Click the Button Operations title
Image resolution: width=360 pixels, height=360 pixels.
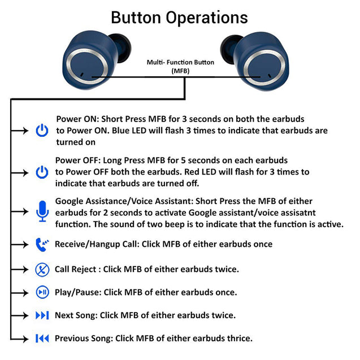(179, 17)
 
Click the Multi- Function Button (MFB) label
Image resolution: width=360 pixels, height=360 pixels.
(180, 66)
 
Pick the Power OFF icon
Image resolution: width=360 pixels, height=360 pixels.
(42, 172)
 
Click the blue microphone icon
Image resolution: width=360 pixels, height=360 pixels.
(42, 211)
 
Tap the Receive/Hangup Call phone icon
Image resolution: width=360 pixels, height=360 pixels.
(42, 244)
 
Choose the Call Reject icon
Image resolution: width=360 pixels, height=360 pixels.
(42, 269)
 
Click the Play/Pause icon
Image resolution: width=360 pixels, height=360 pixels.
(42, 292)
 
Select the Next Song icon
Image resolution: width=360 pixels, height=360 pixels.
(42, 315)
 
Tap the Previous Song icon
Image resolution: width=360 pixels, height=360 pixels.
(42, 338)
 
